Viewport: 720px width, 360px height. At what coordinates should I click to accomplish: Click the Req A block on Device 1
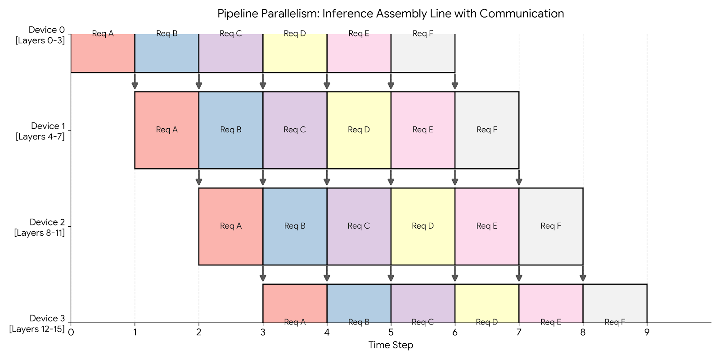(x=166, y=130)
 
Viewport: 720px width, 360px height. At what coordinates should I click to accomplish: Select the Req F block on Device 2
(x=551, y=226)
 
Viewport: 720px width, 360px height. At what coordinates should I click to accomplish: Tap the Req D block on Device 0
(x=295, y=53)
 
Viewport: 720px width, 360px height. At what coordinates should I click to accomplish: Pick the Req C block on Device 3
(x=423, y=303)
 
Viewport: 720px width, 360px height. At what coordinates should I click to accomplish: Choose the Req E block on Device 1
(x=423, y=130)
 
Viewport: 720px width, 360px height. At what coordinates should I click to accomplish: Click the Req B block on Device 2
(x=295, y=226)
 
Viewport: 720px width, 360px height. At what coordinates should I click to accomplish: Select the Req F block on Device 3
(x=615, y=303)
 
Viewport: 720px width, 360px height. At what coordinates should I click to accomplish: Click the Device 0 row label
(x=40, y=35)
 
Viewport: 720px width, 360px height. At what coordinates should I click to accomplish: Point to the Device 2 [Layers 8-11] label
(x=40, y=227)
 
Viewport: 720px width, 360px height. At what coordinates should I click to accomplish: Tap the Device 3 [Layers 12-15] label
(x=37, y=324)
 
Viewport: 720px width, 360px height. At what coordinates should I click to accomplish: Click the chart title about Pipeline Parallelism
(x=391, y=13)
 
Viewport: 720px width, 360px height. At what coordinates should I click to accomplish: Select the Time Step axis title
(x=391, y=345)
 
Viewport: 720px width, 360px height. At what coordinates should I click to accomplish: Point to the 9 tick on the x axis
(x=647, y=333)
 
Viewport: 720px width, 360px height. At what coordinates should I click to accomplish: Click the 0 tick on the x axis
(x=71, y=333)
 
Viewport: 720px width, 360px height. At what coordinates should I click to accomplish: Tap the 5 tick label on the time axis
(x=391, y=333)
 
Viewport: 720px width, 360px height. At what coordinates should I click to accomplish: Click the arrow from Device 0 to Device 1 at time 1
(x=135, y=82)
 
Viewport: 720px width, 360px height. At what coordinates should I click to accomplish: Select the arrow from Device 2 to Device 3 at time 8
(x=583, y=274)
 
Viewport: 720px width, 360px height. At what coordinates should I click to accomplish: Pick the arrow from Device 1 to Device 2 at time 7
(x=519, y=178)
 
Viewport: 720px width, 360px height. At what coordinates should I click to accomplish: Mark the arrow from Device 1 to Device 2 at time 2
(x=198, y=178)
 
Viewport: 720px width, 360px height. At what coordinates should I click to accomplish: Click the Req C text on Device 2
(x=359, y=226)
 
